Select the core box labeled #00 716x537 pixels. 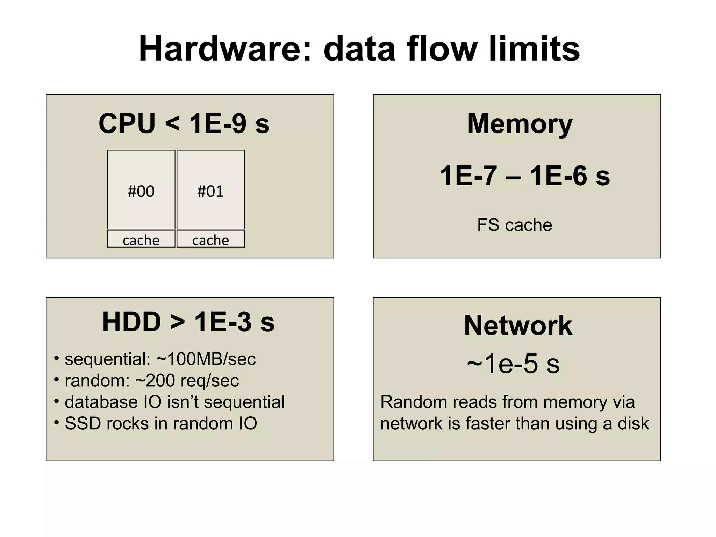click(x=141, y=190)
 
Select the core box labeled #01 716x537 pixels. click(x=210, y=190)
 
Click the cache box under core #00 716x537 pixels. click(x=141, y=239)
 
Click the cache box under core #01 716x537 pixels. click(x=210, y=239)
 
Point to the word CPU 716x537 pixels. click(x=127, y=123)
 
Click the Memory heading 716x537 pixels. click(x=520, y=124)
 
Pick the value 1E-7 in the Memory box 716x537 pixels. click(x=468, y=176)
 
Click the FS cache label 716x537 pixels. click(x=514, y=225)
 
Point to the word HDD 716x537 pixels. click(x=131, y=322)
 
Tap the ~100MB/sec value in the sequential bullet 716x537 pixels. click(x=206, y=359)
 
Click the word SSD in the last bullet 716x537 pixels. click(x=83, y=423)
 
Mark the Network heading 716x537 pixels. click(x=518, y=325)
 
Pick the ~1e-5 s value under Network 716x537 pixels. click(x=513, y=364)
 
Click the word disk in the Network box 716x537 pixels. click(x=633, y=423)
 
